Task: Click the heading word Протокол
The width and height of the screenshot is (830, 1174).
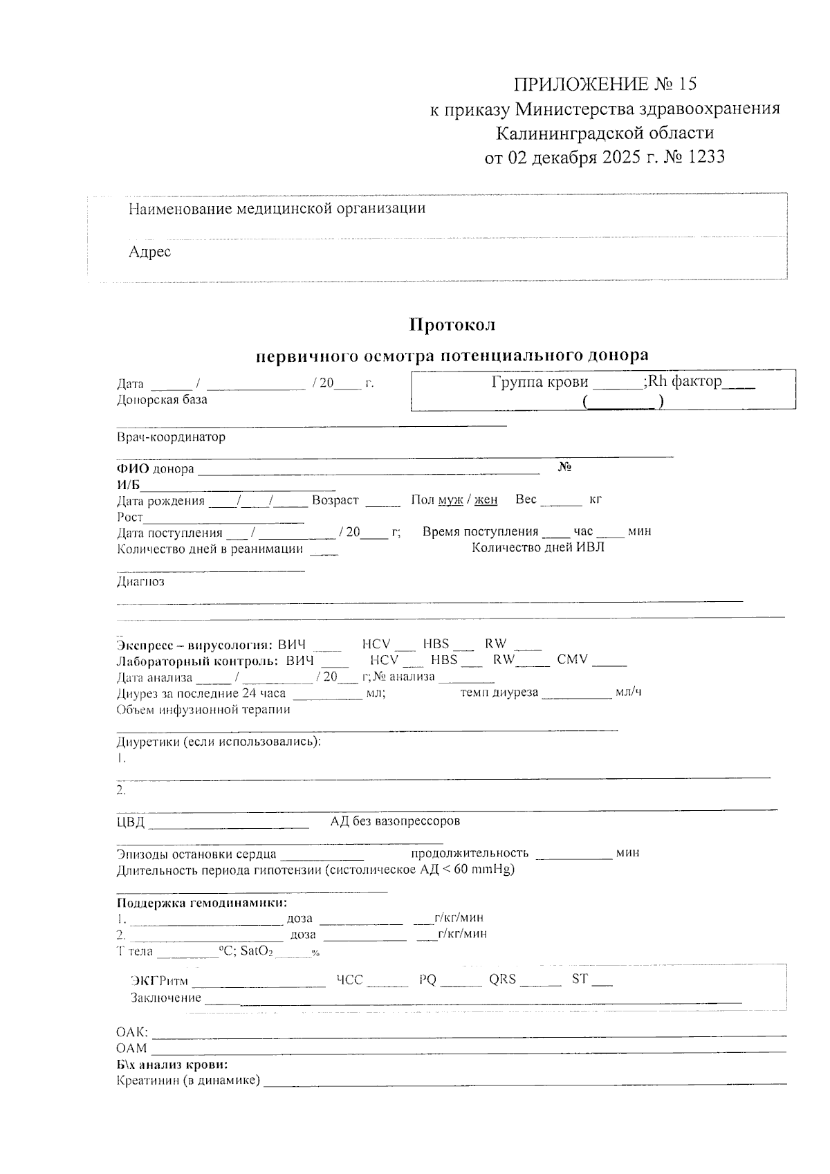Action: tap(452, 324)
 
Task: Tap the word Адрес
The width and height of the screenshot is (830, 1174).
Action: tap(149, 252)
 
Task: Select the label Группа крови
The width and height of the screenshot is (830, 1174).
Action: tap(539, 381)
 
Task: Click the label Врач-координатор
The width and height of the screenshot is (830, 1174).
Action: tap(171, 437)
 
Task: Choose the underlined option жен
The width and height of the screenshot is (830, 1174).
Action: tap(486, 500)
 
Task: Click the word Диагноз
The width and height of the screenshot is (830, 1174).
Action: tap(140, 582)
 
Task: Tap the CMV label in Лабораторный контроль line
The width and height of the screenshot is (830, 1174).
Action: tap(572, 659)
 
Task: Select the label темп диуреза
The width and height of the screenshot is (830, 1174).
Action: tap(499, 693)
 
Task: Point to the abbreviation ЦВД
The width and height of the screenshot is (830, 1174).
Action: tap(131, 823)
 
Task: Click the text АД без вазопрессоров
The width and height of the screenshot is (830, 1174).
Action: tap(394, 821)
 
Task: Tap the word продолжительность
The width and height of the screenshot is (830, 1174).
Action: tap(470, 853)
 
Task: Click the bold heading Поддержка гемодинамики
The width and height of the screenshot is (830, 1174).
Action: tap(201, 903)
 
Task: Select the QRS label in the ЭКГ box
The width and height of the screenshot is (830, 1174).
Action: tap(502, 980)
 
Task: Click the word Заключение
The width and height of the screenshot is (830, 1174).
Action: tap(166, 998)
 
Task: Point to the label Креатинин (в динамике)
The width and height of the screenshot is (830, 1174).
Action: tap(188, 1081)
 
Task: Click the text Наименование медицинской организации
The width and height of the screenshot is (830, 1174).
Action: tap(277, 208)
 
